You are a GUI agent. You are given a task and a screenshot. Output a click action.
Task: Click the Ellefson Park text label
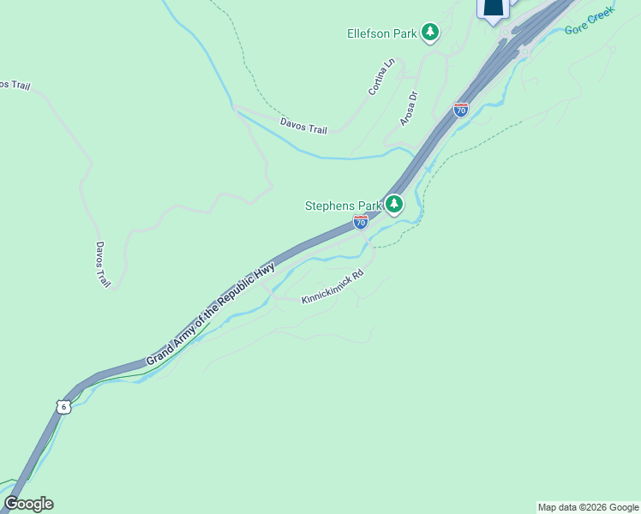click(381, 34)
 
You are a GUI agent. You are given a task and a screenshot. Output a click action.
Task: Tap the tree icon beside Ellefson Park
click(430, 33)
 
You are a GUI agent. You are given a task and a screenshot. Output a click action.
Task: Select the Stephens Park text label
click(343, 206)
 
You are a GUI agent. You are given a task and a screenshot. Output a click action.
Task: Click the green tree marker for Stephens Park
click(393, 204)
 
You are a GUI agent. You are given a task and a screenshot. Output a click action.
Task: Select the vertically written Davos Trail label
click(102, 264)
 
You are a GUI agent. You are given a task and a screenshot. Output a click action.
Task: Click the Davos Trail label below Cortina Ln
click(303, 125)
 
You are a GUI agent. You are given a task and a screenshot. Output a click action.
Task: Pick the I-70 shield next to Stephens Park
click(361, 222)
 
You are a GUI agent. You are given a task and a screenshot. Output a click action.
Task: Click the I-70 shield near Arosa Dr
click(461, 110)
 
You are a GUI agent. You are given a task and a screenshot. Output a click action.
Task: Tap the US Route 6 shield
click(63, 406)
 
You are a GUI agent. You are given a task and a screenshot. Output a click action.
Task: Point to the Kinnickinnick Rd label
click(332, 286)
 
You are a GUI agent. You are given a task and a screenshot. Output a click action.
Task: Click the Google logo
click(28, 504)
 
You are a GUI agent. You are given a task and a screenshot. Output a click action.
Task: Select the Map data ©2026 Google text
click(587, 507)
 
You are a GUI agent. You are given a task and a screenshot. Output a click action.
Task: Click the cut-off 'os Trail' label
click(15, 85)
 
